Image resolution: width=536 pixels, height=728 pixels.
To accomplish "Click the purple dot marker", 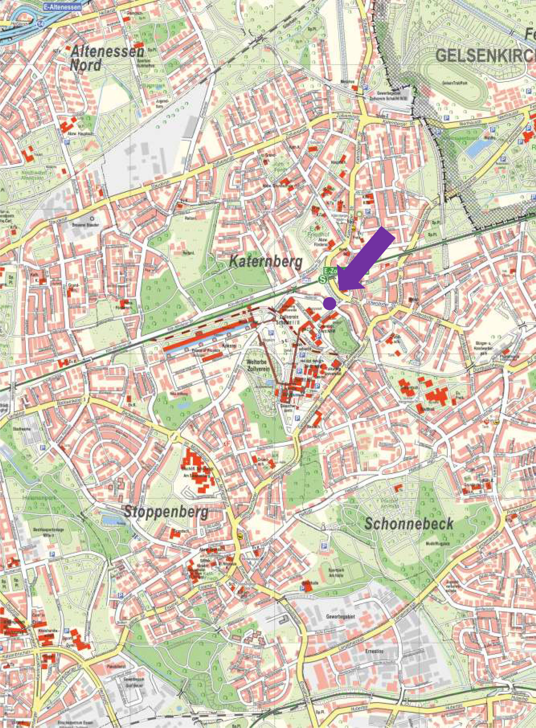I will coord(330,303).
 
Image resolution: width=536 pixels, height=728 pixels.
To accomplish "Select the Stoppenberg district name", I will coord(166,513).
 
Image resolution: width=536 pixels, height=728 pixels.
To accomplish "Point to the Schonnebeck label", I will coord(409,523).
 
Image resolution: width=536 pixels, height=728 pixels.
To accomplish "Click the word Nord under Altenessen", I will coord(86,66).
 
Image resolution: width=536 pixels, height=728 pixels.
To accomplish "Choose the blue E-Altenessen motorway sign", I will coord(61,7).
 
